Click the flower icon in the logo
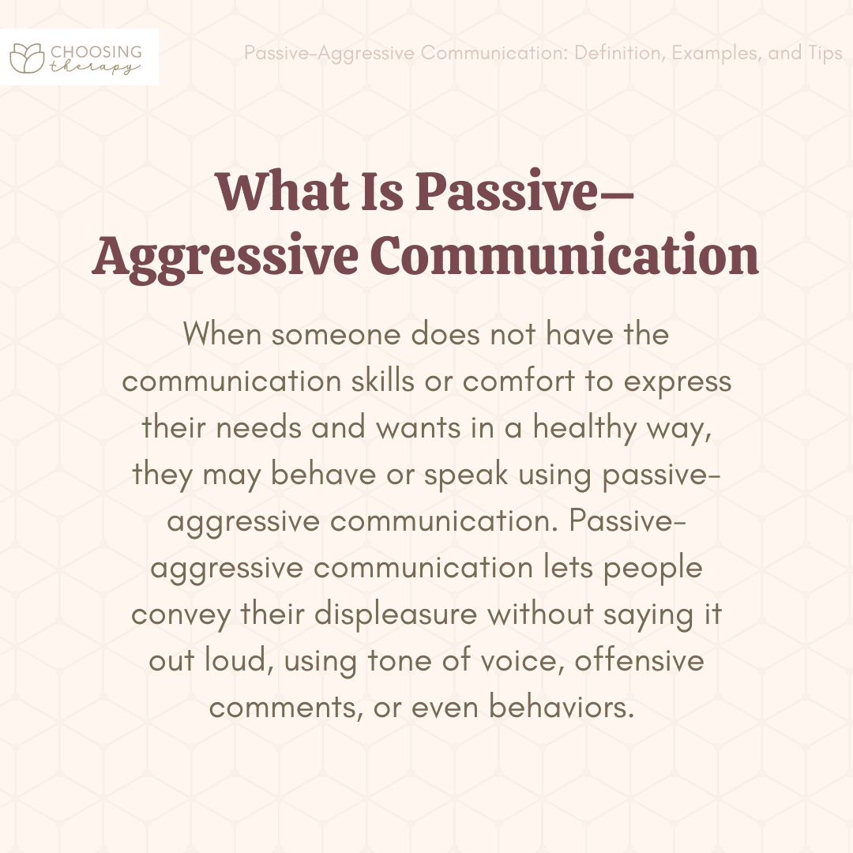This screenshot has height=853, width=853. (x=27, y=58)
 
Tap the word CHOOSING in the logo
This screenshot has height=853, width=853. (x=96, y=52)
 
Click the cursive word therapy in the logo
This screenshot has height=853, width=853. (x=95, y=67)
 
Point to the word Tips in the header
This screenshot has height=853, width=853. (x=825, y=54)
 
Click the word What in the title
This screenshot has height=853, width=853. (x=282, y=191)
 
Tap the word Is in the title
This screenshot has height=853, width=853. (x=382, y=191)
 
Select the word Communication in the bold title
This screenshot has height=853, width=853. (x=565, y=254)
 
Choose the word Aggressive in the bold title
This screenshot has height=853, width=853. (x=225, y=257)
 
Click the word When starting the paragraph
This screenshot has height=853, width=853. (x=223, y=333)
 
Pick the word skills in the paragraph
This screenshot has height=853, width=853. (x=383, y=380)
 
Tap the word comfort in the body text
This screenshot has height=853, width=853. (x=518, y=380)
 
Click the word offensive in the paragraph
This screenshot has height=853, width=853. (x=639, y=660)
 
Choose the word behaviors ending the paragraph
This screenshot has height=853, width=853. (x=562, y=707)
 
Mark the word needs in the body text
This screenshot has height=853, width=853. (x=259, y=427)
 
